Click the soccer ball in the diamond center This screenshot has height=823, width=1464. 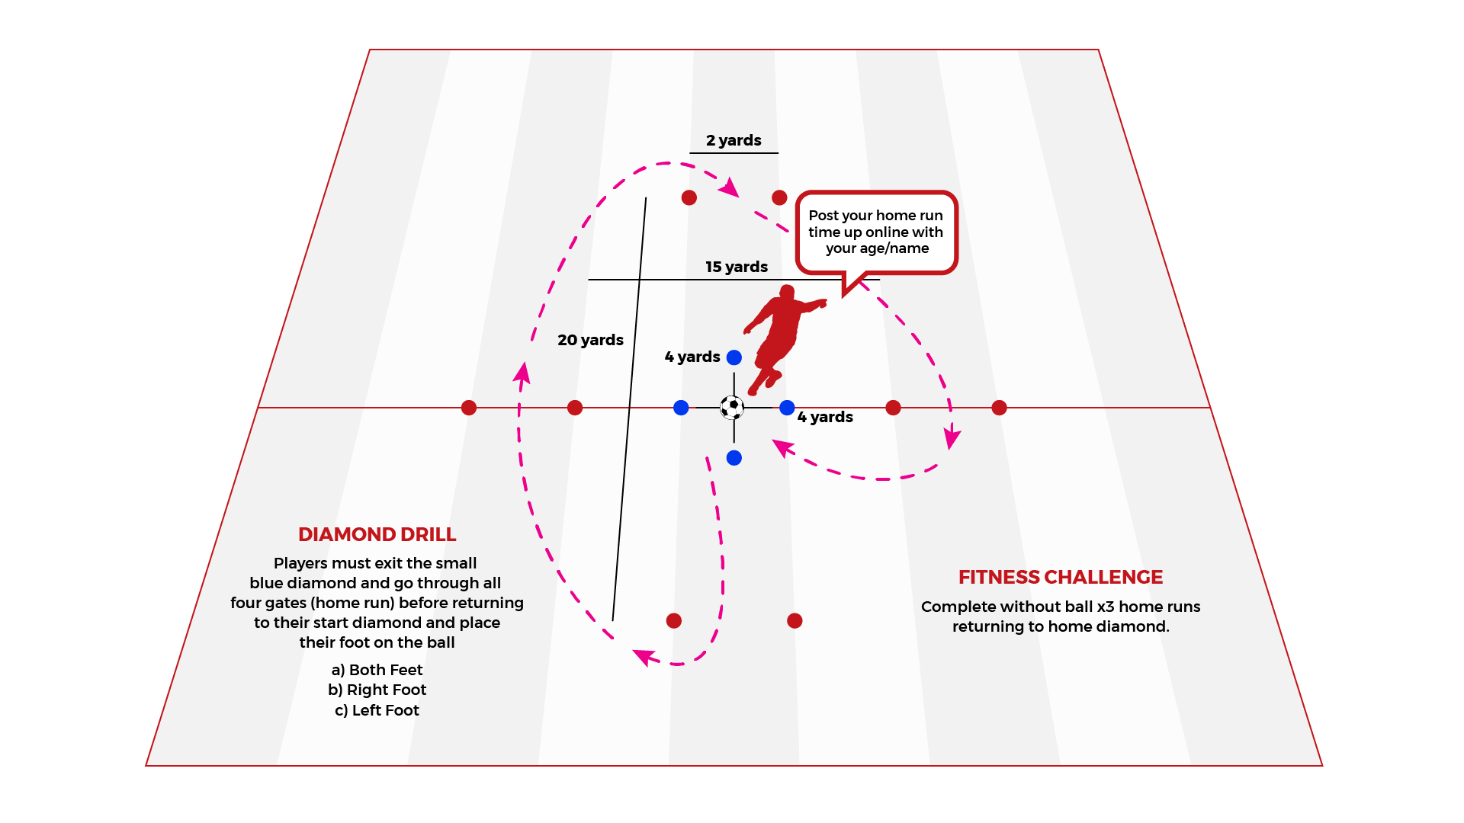pyautogui.click(x=732, y=408)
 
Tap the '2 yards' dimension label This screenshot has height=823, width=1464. pyautogui.click(x=734, y=140)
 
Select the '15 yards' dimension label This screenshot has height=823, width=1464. pyautogui.click(x=737, y=267)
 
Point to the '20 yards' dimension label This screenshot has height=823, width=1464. pyautogui.click(x=590, y=340)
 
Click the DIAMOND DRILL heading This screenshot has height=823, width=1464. pyautogui.click(x=377, y=535)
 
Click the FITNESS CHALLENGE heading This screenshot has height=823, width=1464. pyautogui.click(x=1061, y=578)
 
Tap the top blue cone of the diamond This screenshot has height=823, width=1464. pyautogui.click(x=734, y=357)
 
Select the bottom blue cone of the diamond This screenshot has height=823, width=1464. pyautogui.click(x=734, y=458)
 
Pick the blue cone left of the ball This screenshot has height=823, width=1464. pyautogui.click(x=681, y=408)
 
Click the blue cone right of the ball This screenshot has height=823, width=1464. pyautogui.click(x=788, y=408)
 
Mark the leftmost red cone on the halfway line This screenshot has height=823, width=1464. pyautogui.click(x=469, y=408)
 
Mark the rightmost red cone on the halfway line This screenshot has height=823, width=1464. pyautogui.click(x=1000, y=408)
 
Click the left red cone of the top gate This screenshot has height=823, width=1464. pyautogui.click(x=689, y=197)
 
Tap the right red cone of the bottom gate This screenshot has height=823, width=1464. pyautogui.click(x=795, y=621)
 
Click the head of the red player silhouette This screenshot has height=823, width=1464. pyautogui.click(x=787, y=293)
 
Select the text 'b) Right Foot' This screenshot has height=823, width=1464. pyautogui.click(x=377, y=690)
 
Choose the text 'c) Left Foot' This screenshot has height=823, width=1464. pyautogui.click(x=377, y=710)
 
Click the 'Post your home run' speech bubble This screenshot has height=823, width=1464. pyautogui.click(x=876, y=232)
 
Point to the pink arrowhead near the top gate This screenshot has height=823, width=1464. pyautogui.click(x=730, y=187)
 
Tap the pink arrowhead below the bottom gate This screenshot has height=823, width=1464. pyautogui.click(x=644, y=656)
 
